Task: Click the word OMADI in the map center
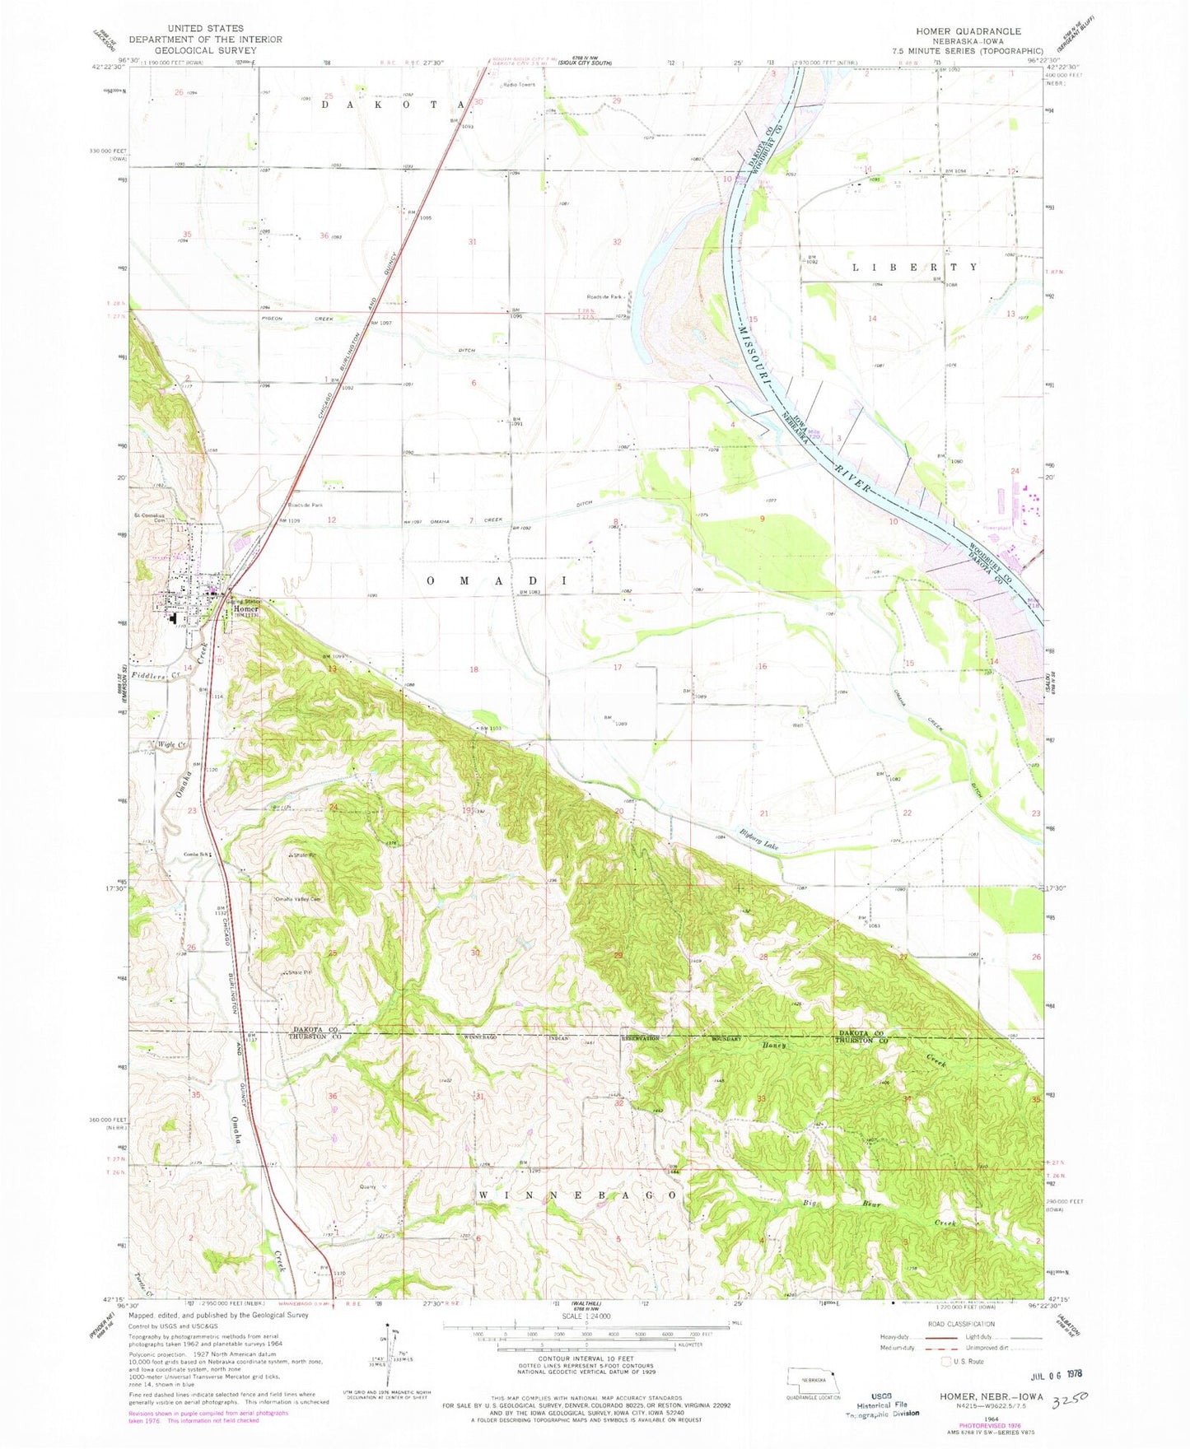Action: [x=497, y=581]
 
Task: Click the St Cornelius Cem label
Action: [x=151, y=517]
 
